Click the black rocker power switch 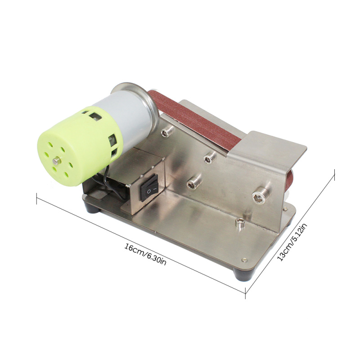149,188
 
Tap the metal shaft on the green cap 57,161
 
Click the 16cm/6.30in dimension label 145,254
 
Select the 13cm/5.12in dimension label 292,243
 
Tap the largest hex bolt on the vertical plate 259,195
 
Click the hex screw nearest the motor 167,131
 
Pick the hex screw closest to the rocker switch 193,183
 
